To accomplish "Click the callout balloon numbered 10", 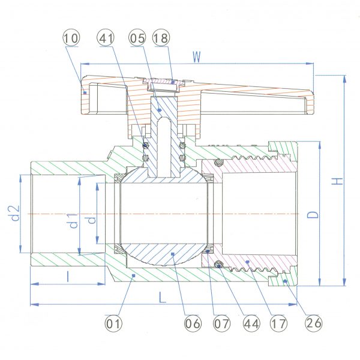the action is click(71, 38).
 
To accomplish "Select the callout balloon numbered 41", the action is click(106, 38).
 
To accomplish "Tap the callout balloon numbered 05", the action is click(137, 38).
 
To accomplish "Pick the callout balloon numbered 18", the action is click(161, 38).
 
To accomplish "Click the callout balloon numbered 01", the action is click(113, 324).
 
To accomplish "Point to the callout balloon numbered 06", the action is click(193, 324).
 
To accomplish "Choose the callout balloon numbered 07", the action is click(221, 324).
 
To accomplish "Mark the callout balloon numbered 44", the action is click(251, 324).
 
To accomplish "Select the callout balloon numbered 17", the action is click(279, 324).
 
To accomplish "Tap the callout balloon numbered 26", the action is click(314, 323).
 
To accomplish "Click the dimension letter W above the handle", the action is click(197, 57).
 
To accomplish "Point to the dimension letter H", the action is click(337, 181).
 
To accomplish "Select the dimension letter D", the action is click(313, 214).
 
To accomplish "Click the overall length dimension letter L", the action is click(163, 298).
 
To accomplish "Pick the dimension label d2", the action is click(16, 214).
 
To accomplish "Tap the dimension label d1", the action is click(73, 221).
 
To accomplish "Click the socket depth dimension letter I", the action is click(68, 277).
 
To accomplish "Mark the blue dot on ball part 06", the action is click(173, 254).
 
